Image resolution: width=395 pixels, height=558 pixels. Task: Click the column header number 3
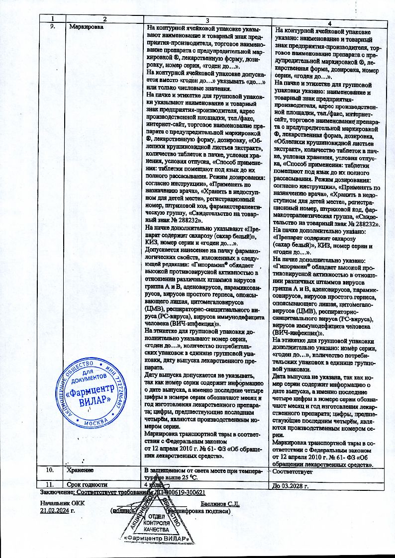click(206, 18)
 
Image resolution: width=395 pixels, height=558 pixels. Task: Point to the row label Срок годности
click(87, 484)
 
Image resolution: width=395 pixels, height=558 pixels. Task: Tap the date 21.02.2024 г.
click(57, 510)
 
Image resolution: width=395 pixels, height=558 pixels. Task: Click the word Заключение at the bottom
click(56, 492)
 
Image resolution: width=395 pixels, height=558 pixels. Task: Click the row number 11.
click(49, 484)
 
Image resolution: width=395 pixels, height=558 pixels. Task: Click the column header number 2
click(105, 18)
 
